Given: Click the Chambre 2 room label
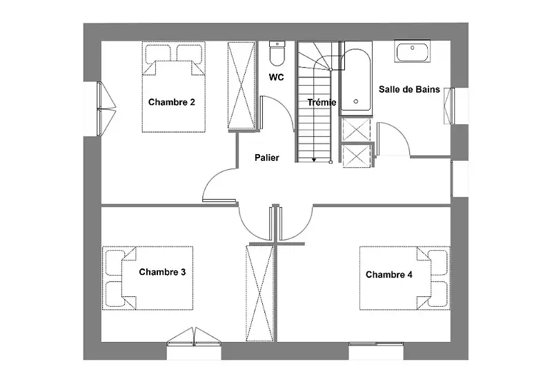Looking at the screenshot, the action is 171,102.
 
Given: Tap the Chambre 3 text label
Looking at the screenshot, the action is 162,272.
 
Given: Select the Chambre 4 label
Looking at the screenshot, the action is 389,274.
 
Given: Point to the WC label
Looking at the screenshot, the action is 277,77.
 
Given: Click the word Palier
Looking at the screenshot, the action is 267,157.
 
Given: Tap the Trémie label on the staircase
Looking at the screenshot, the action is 322,102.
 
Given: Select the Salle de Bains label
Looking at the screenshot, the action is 409,90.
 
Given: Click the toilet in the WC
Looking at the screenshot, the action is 277,53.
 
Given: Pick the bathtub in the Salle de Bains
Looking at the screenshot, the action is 356,78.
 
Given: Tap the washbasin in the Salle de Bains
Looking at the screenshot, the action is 412,51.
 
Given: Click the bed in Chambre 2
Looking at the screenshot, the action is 174,87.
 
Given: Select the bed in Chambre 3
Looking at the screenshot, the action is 148,278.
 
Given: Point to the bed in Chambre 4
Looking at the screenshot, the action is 405,278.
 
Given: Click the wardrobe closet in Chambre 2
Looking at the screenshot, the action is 241,85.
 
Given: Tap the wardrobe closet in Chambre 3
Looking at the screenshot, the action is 260,293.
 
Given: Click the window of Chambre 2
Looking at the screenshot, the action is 106,109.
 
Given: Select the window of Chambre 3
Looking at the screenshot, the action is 194,336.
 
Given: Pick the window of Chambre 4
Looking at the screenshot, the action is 376,343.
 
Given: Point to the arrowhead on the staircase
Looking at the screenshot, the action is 314,160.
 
